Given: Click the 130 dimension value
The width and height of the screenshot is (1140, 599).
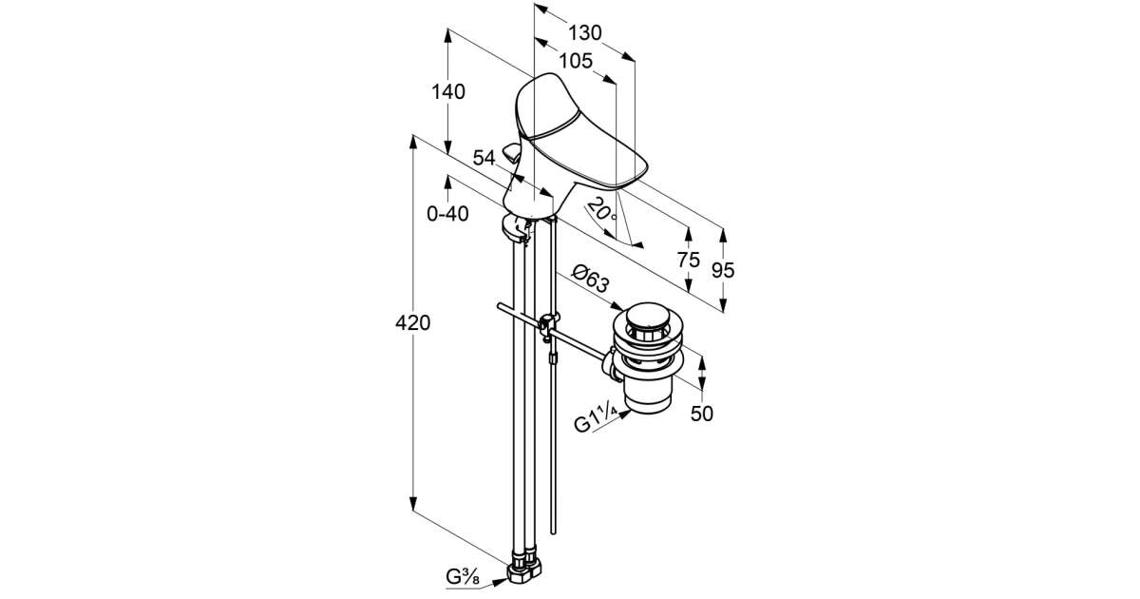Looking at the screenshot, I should pos(584,33).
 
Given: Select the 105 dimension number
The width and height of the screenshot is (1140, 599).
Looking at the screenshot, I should pos(575,61).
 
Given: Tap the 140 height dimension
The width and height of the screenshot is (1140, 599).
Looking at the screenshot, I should pos(448,92).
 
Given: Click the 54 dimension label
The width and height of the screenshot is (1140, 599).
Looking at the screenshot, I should pos(484,159).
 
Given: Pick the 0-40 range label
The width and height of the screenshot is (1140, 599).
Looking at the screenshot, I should pos(447,215).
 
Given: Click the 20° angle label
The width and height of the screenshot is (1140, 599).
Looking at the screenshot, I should pos(600,208).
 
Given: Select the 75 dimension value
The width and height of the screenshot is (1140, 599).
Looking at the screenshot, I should pos(689,259).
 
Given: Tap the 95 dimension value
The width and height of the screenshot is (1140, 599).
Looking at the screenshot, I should pos(723,269).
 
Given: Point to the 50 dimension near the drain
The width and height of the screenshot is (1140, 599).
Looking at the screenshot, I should pos(702,414).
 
